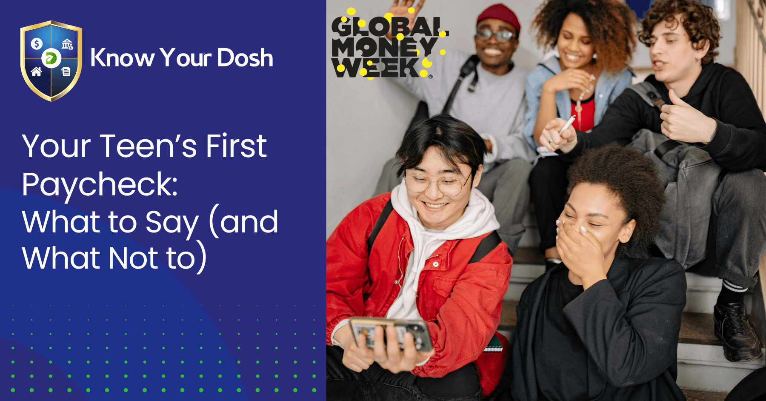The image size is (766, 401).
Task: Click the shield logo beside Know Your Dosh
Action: [51, 60]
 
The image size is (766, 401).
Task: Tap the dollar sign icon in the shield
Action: [37, 43]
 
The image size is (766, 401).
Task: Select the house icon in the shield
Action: [37, 72]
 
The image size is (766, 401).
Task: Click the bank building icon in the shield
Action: [67, 44]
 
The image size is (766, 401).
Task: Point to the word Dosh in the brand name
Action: [245, 58]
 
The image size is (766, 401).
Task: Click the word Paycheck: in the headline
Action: [100, 185]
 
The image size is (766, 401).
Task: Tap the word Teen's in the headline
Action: [149, 146]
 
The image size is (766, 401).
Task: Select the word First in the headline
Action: [237, 146]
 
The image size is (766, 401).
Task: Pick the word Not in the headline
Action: [133, 258]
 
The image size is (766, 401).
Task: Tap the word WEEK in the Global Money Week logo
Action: [377, 67]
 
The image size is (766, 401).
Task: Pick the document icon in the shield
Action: [66, 72]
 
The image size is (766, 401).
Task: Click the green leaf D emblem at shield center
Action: [51, 58]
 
